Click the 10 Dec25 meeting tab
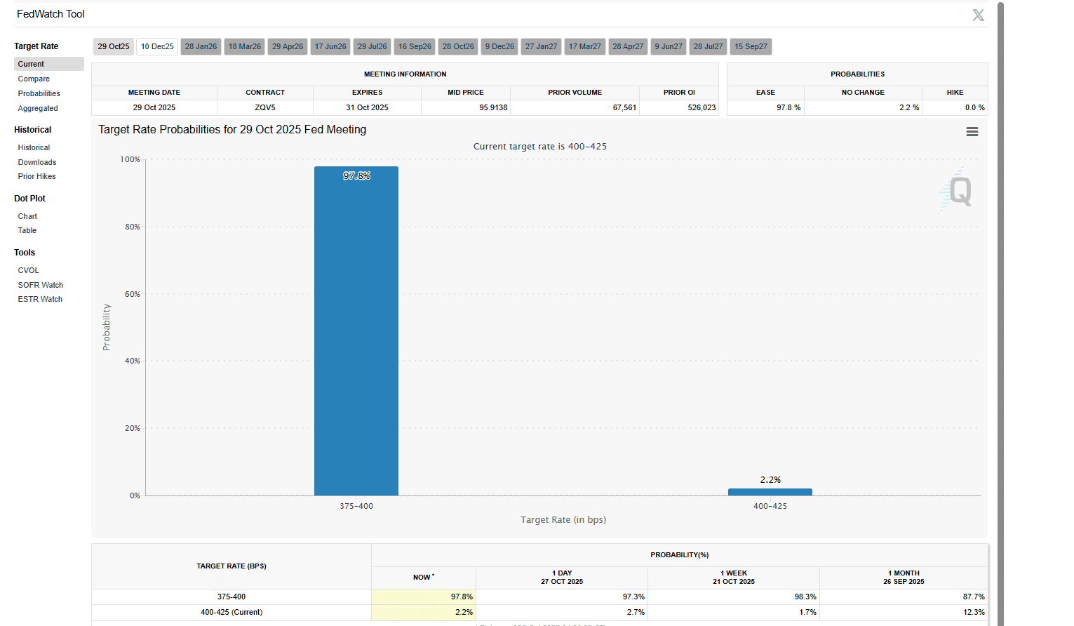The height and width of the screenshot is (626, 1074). coord(157,47)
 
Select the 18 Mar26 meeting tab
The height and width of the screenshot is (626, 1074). coord(244,47)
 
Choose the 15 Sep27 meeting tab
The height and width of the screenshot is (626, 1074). coord(751,47)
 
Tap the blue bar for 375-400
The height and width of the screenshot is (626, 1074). coord(356,331)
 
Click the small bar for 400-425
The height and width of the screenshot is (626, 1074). coord(770,492)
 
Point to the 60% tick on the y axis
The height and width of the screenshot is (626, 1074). coord(133,294)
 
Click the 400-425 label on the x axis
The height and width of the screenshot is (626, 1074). coord(770,506)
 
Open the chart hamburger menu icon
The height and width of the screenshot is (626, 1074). coord(972,132)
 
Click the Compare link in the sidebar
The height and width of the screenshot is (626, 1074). coord(34,79)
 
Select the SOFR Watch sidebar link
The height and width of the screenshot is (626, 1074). coord(41,285)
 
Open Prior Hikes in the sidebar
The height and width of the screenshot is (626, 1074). coord(36,177)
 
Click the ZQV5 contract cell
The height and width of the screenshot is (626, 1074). coord(265,108)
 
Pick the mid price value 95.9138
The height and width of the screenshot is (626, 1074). coord(493,108)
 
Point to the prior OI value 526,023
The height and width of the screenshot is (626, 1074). coord(702,108)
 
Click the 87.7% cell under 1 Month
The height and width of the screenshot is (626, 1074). coord(974,597)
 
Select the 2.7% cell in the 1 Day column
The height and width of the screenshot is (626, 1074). coord(636,612)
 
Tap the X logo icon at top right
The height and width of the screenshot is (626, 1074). coord(978,15)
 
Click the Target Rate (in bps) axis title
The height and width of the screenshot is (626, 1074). coord(563,520)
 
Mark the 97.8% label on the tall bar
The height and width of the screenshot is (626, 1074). coord(356,176)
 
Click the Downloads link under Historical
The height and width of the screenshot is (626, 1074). coord(37,162)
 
